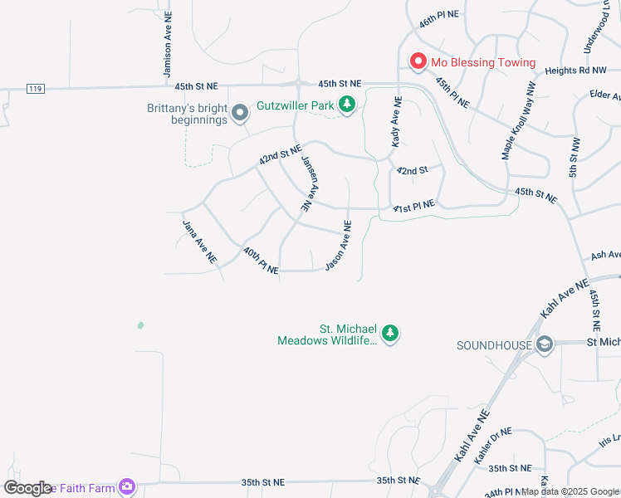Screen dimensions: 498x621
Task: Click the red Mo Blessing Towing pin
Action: (x=418, y=62)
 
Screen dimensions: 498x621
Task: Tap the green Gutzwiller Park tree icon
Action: (x=347, y=105)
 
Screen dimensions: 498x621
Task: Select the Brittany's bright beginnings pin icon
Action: (x=240, y=113)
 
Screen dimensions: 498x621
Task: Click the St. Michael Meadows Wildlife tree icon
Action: (x=390, y=334)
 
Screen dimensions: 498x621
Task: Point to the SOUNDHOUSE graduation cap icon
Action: (x=544, y=344)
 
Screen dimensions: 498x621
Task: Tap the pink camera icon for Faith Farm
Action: (x=127, y=487)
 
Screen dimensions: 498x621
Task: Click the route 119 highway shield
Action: (x=35, y=89)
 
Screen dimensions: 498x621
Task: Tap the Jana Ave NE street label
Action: (x=199, y=241)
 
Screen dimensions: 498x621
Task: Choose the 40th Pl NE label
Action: (x=261, y=260)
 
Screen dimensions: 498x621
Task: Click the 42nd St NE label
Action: (x=279, y=154)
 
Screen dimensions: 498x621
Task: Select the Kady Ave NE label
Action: (x=397, y=123)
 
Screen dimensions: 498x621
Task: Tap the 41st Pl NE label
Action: (x=413, y=206)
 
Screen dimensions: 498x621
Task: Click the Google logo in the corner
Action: (x=28, y=488)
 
